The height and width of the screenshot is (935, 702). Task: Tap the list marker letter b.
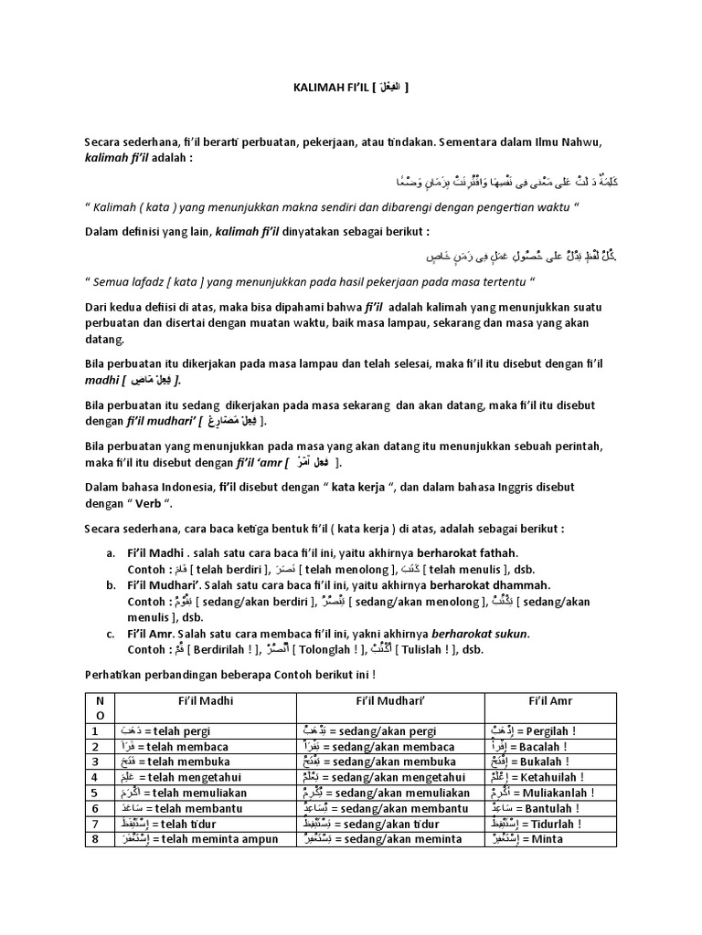coord(110,585)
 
